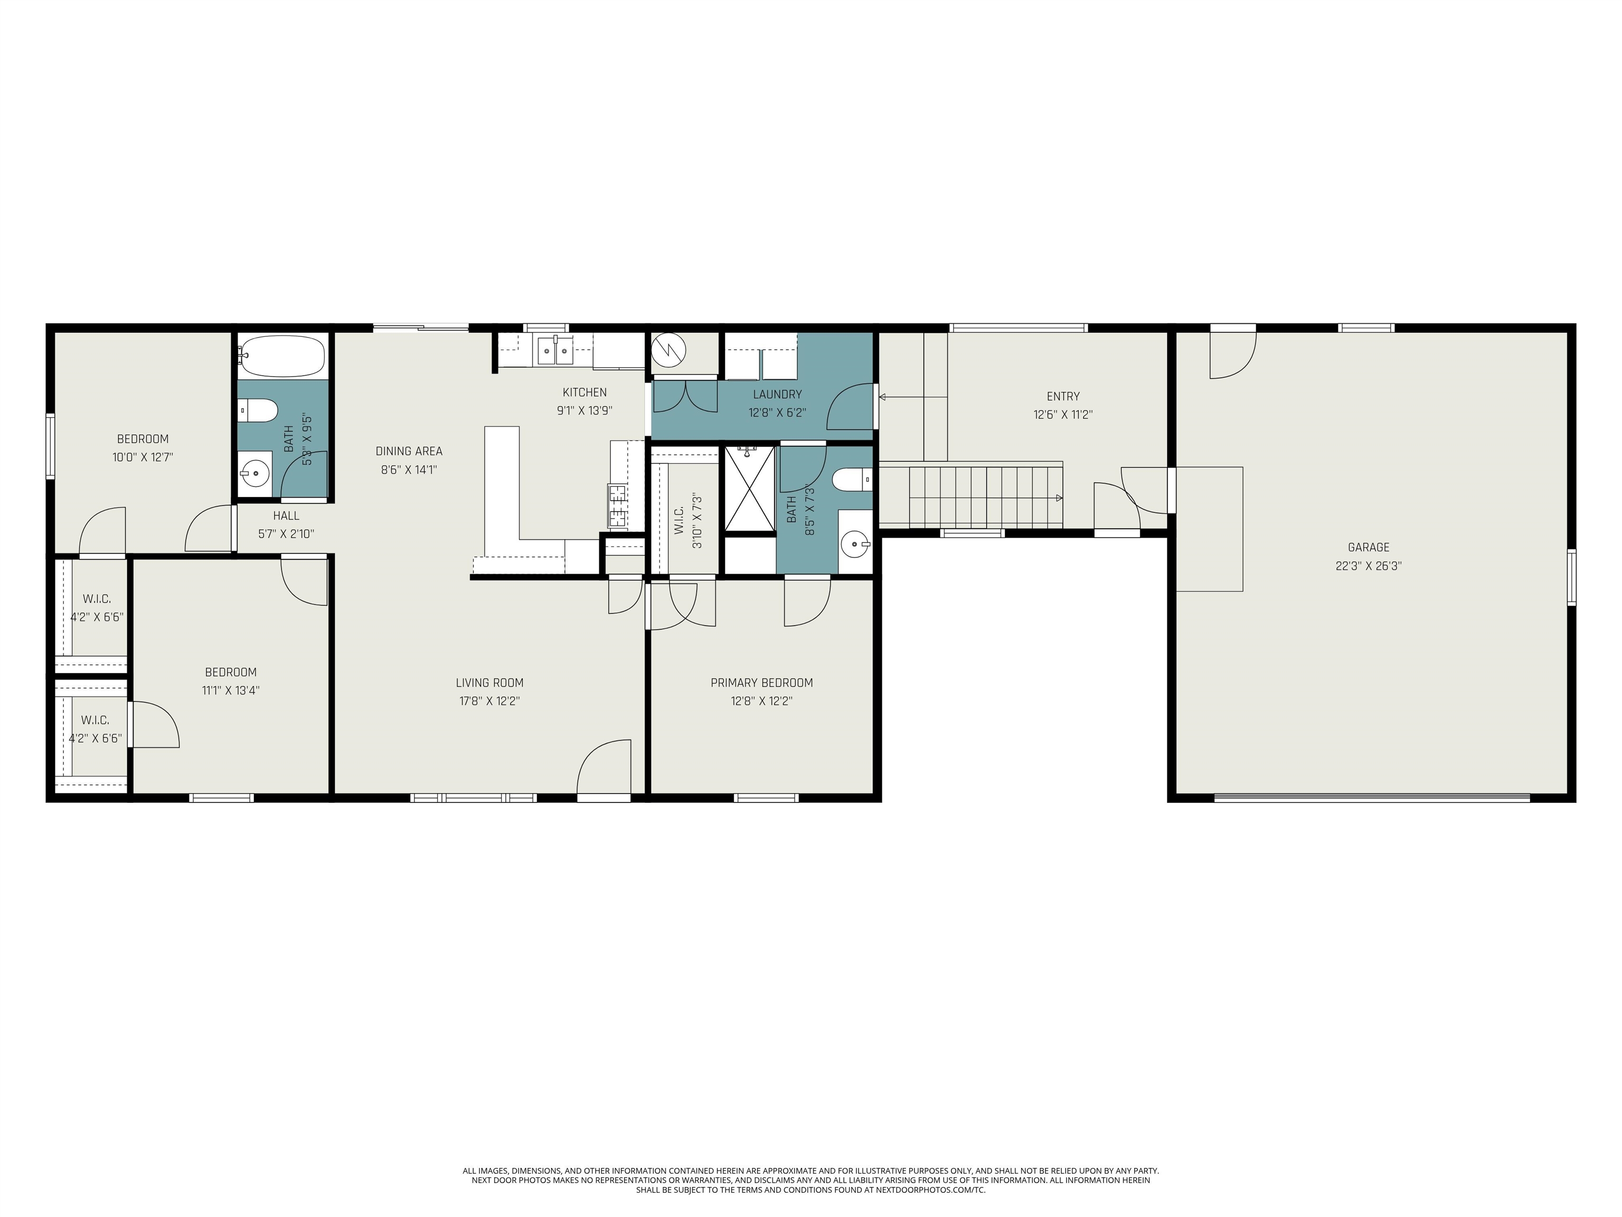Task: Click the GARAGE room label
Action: tap(1368, 547)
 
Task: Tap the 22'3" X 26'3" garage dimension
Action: tap(1368, 566)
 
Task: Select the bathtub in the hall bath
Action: tap(282, 356)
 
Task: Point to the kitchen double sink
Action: tap(555, 350)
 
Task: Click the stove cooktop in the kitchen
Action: tap(617, 506)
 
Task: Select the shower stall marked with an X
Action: tap(749, 488)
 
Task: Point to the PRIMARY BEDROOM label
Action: tap(761, 683)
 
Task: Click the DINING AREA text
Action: tap(409, 452)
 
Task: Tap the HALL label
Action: tap(286, 516)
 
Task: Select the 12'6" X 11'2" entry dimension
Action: tap(1062, 415)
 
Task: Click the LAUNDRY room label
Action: tap(777, 395)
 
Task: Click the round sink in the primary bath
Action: tap(855, 544)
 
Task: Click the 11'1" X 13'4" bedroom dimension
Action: tap(230, 690)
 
